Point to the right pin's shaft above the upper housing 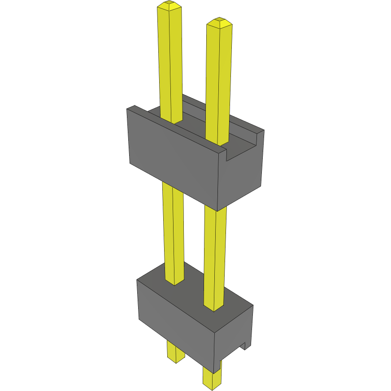pos(219,81)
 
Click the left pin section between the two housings pos(173,229)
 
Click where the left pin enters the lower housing pos(175,282)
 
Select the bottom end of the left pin pos(175,361)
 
